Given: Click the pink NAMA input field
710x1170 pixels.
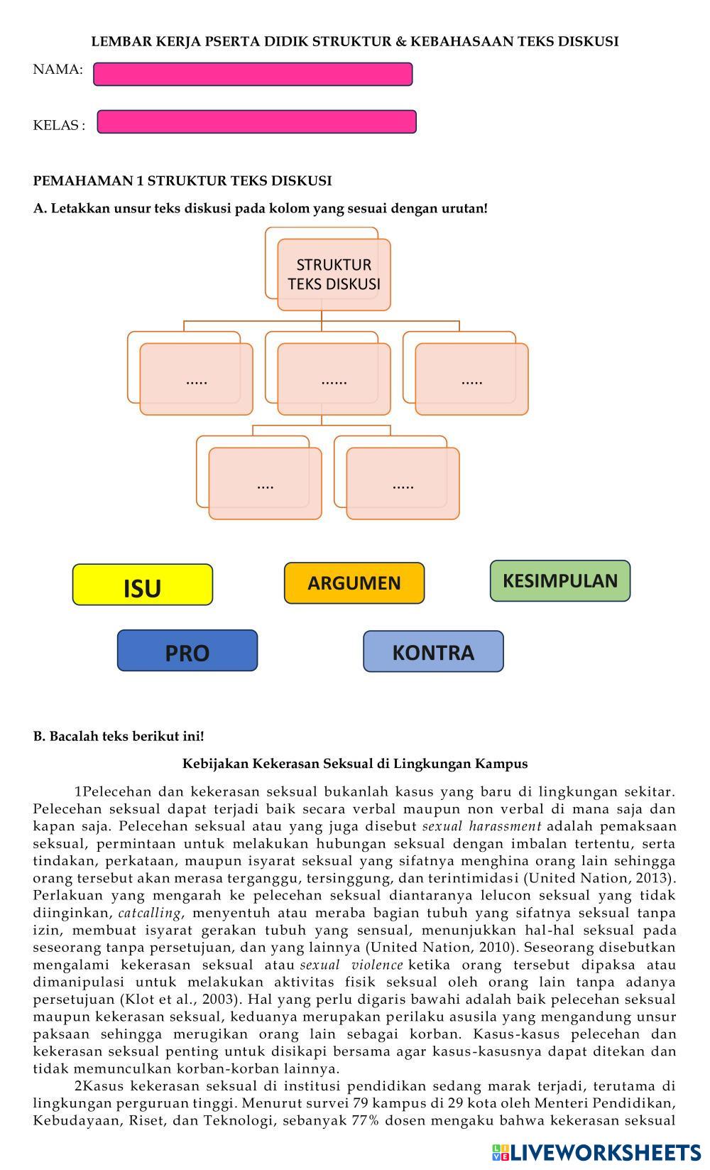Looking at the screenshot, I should pos(253,74).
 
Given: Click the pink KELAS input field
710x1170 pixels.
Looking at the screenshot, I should pos(256,121).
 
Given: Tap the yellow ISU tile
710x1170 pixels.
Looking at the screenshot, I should pos(142,585).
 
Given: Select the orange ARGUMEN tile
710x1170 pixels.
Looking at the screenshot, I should pos(354,583).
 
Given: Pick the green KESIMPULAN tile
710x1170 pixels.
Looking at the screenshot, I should pos(559,581).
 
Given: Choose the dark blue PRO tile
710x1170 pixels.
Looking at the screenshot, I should pos(187,651).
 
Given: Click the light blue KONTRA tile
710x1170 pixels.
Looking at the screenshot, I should pos(433,651).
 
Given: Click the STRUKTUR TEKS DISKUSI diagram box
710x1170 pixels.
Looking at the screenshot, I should pos(334,274).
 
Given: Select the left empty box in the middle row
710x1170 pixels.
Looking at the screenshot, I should pos(196,379).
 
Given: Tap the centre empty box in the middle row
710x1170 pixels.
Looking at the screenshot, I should pos(334,379).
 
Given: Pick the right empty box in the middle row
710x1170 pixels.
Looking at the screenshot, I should pos(471,379).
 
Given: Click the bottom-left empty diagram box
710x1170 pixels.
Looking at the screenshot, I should pos(265,483).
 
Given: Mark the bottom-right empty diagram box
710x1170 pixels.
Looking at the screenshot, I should pos(403,483).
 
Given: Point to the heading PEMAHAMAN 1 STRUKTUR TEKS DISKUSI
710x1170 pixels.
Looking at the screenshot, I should pos(182,180).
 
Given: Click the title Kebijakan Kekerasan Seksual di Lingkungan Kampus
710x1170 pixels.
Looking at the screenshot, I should pos(355,764).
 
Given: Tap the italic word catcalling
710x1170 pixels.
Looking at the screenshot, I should pos(149,913).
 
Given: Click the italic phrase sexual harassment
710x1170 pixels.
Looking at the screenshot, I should pos(481,826).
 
